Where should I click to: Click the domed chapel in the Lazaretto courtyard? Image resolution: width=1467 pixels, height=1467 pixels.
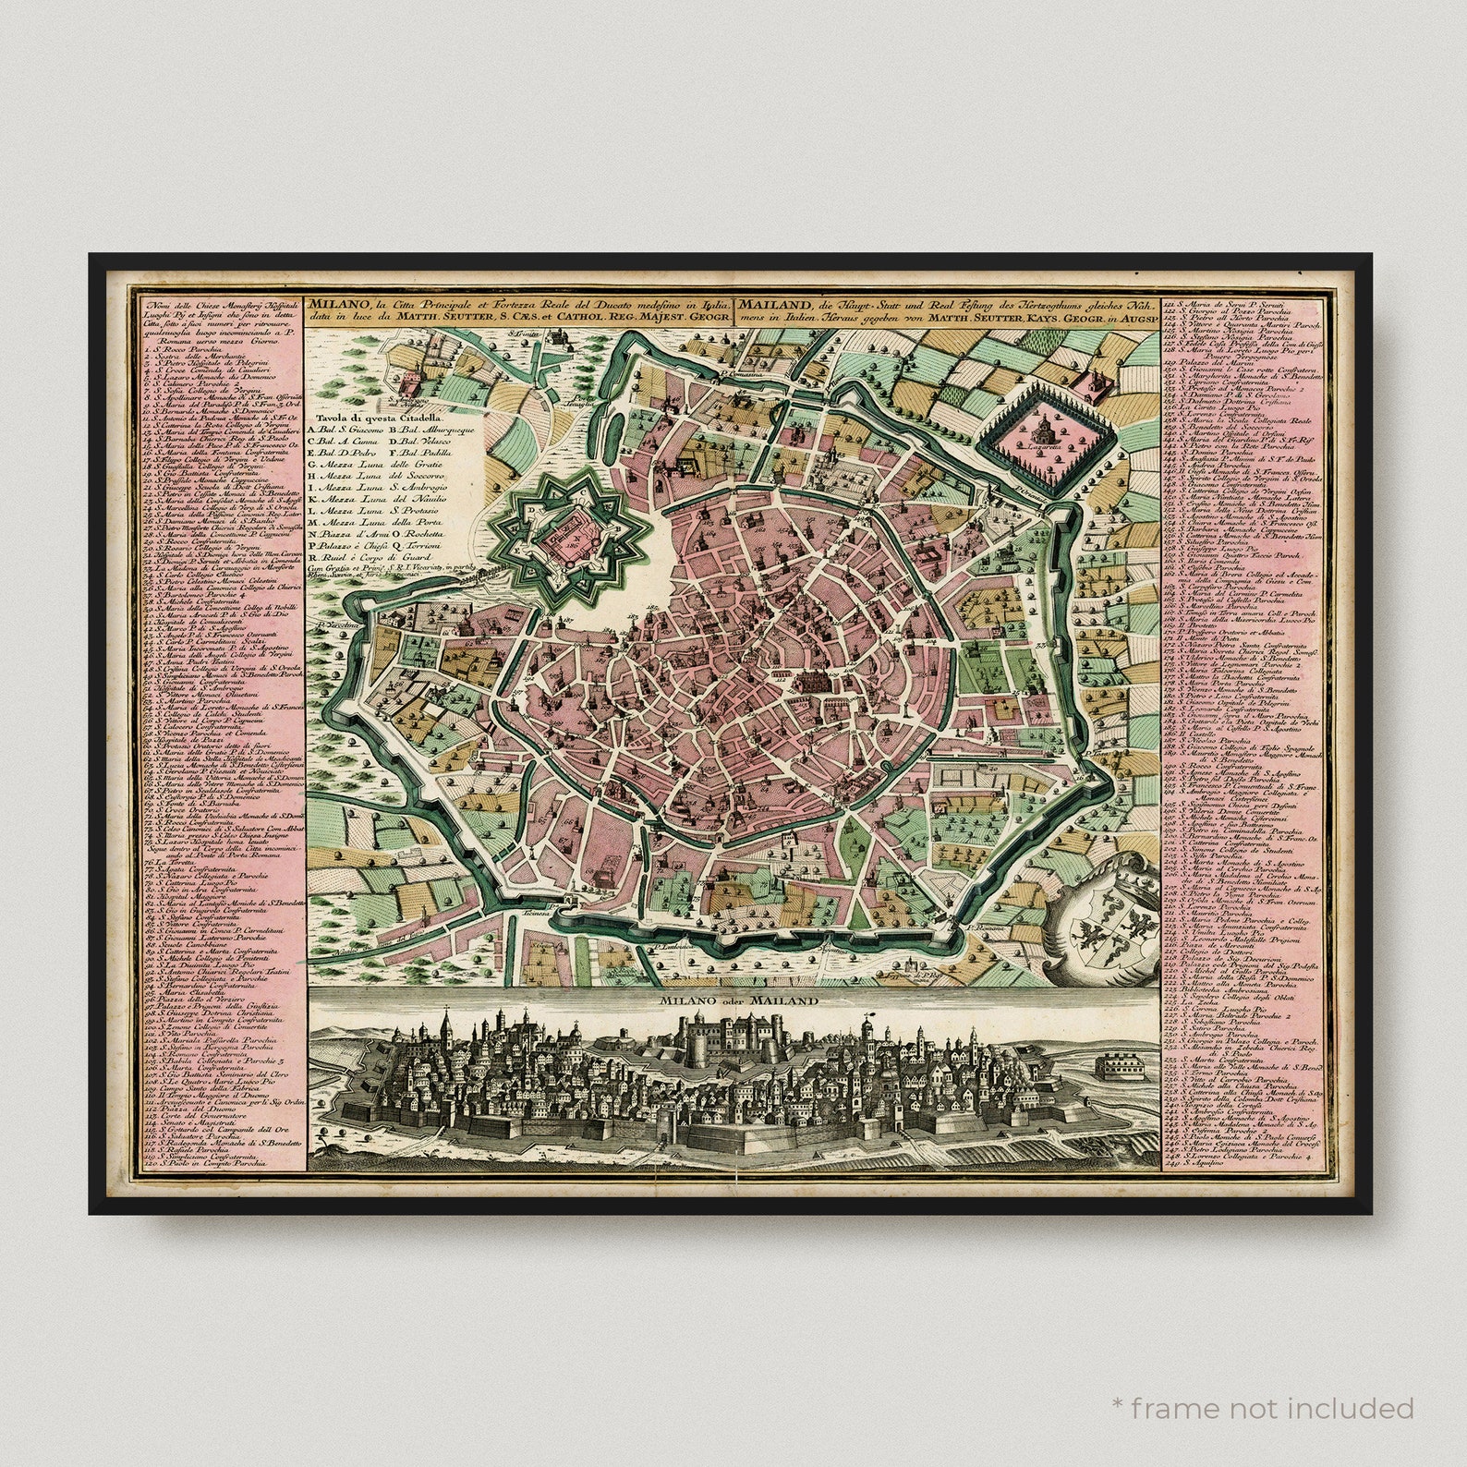(x=1041, y=428)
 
